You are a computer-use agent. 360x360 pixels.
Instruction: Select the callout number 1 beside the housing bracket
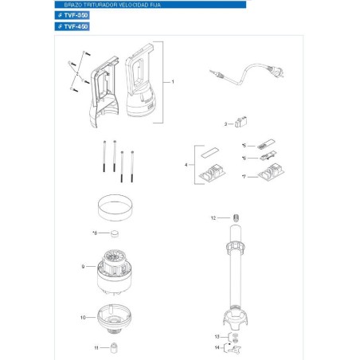(x=173, y=82)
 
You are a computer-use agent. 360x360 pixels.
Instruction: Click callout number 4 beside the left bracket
(x=186, y=164)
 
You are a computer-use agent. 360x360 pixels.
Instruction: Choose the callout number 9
(x=83, y=266)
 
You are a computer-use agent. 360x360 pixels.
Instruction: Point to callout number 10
(x=83, y=318)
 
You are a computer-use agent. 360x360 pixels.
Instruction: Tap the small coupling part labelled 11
(x=114, y=347)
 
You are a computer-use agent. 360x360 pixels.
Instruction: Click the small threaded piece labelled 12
(x=236, y=217)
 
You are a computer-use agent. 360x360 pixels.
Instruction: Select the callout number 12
(x=213, y=217)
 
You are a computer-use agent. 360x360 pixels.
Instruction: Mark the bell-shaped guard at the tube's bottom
(x=237, y=323)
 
